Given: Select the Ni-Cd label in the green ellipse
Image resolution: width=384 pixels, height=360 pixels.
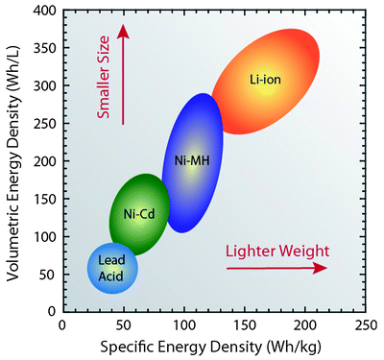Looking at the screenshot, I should [x=140, y=213].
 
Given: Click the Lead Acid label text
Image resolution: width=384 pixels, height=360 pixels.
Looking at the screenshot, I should [x=112, y=268].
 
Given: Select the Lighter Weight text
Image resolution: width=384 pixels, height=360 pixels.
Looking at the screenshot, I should [x=277, y=251].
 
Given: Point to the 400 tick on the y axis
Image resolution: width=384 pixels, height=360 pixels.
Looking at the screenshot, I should [x=44, y=11].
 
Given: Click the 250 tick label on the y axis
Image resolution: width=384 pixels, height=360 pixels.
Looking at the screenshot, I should [x=44, y=124].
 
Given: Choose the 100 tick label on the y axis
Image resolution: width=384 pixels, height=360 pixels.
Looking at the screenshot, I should [x=44, y=237].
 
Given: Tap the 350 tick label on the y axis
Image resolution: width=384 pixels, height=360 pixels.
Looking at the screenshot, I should [x=44, y=48].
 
